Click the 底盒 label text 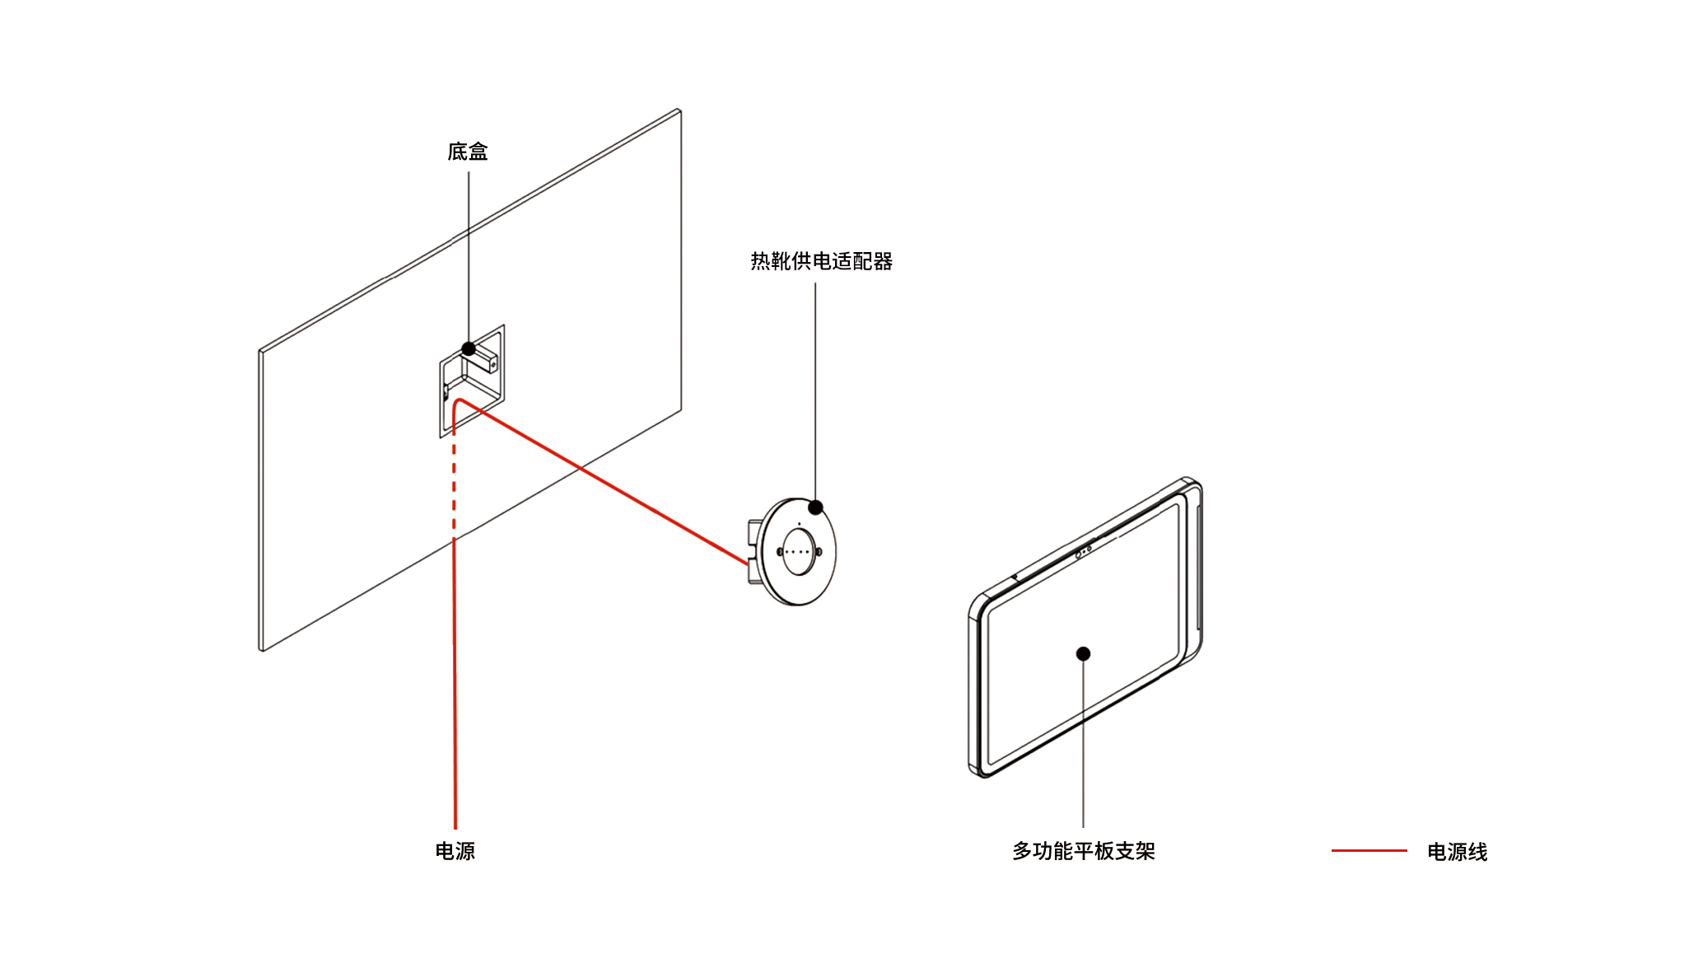coord(467,152)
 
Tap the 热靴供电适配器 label coord(821,261)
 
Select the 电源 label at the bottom coord(455,851)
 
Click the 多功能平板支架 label coord(1083,851)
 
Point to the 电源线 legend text coord(1457,852)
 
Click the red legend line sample coord(1369,850)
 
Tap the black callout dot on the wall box coord(469,348)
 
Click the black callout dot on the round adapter coord(815,507)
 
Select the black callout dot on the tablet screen coord(1083,653)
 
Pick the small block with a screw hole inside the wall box coord(485,360)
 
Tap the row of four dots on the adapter coord(797,552)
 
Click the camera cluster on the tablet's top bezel coord(1084,551)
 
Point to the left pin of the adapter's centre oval coord(780,552)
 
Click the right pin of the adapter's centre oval coord(818,552)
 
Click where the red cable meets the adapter coord(748,563)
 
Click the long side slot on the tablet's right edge coord(1198,568)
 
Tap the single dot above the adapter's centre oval coord(799,524)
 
